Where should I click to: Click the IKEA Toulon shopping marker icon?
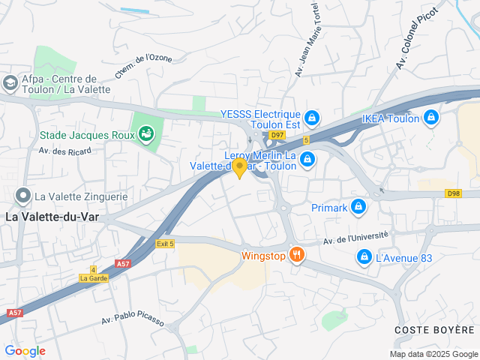pyautogui.click(x=430, y=118)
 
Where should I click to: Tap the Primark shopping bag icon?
pyautogui.click(x=358, y=206)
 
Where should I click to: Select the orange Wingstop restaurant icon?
pyautogui.click(x=297, y=255)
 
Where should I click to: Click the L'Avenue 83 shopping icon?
pyautogui.click(x=364, y=258)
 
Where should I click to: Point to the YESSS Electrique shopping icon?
pyautogui.click(x=312, y=118)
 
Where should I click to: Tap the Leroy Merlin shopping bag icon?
pyautogui.click(x=307, y=160)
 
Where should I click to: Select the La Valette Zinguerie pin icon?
pyautogui.click(x=23, y=196)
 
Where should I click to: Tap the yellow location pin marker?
pyautogui.click(x=240, y=167)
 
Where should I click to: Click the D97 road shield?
pyautogui.click(x=278, y=135)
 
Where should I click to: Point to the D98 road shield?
pyautogui.click(x=452, y=193)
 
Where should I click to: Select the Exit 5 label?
pyautogui.click(x=165, y=244)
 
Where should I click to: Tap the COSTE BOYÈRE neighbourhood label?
pyautogui.click(x=435, y=330)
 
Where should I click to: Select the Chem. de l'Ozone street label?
pyautogui.click(x=144, y=67)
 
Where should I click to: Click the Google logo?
pyautogui.click(x=25, y=351)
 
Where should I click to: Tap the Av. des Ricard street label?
pyautogui.click(x=64, y=151)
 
